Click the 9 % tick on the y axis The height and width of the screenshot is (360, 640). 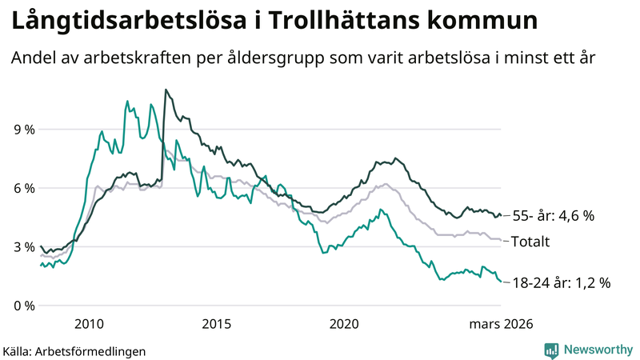22,130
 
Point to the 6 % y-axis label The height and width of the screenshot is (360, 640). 22,188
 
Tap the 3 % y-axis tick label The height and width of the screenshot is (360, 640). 22,247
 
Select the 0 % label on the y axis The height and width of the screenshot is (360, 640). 22,306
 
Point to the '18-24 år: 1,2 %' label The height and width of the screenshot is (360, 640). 561,282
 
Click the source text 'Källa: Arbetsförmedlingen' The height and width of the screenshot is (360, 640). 74,350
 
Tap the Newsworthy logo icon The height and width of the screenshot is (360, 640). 551,349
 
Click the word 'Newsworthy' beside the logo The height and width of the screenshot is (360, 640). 598,349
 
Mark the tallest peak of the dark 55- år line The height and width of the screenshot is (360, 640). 166,90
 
